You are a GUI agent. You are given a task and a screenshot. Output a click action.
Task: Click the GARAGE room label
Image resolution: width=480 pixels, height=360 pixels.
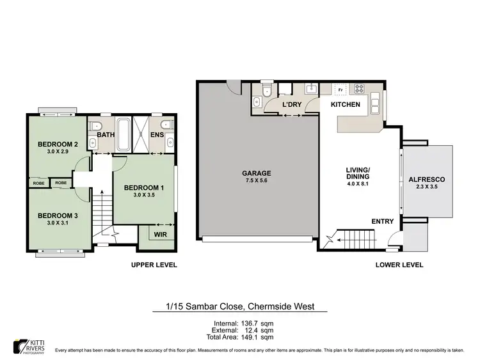(x=256, y=173)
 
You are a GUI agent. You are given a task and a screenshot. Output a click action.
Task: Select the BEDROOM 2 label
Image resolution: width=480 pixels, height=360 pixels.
(x=58, y=145)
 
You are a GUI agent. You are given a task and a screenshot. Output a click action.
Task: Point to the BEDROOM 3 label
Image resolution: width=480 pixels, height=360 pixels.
(x=57, y=215)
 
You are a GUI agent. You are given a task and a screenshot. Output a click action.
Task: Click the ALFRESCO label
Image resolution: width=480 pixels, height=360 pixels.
(x=427, y=180)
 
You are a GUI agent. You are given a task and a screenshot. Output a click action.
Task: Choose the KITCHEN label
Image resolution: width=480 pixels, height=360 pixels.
(x=345, y=104)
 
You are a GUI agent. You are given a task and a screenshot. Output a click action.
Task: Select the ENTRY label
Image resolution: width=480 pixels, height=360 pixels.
(x=383, y=221)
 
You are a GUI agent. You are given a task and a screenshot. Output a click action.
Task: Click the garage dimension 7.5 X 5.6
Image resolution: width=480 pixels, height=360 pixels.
(x=256, y=181)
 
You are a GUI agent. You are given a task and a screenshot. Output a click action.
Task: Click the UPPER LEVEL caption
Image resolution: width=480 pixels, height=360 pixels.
(x=154, y=265)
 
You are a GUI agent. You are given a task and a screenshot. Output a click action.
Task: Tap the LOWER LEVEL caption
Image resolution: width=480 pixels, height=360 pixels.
(x=400, y=265)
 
